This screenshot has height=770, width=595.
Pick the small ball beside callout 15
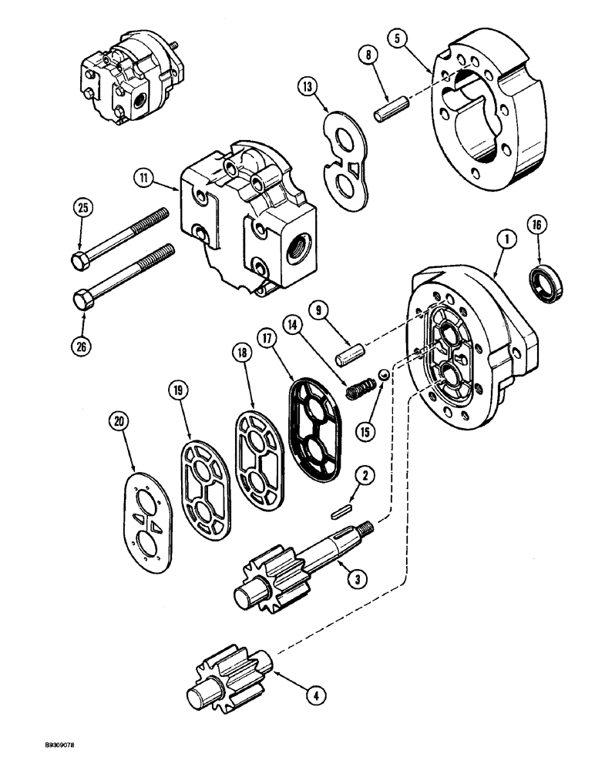[x=381, y=375]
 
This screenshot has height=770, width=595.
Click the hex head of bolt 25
[x=79, y=261]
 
